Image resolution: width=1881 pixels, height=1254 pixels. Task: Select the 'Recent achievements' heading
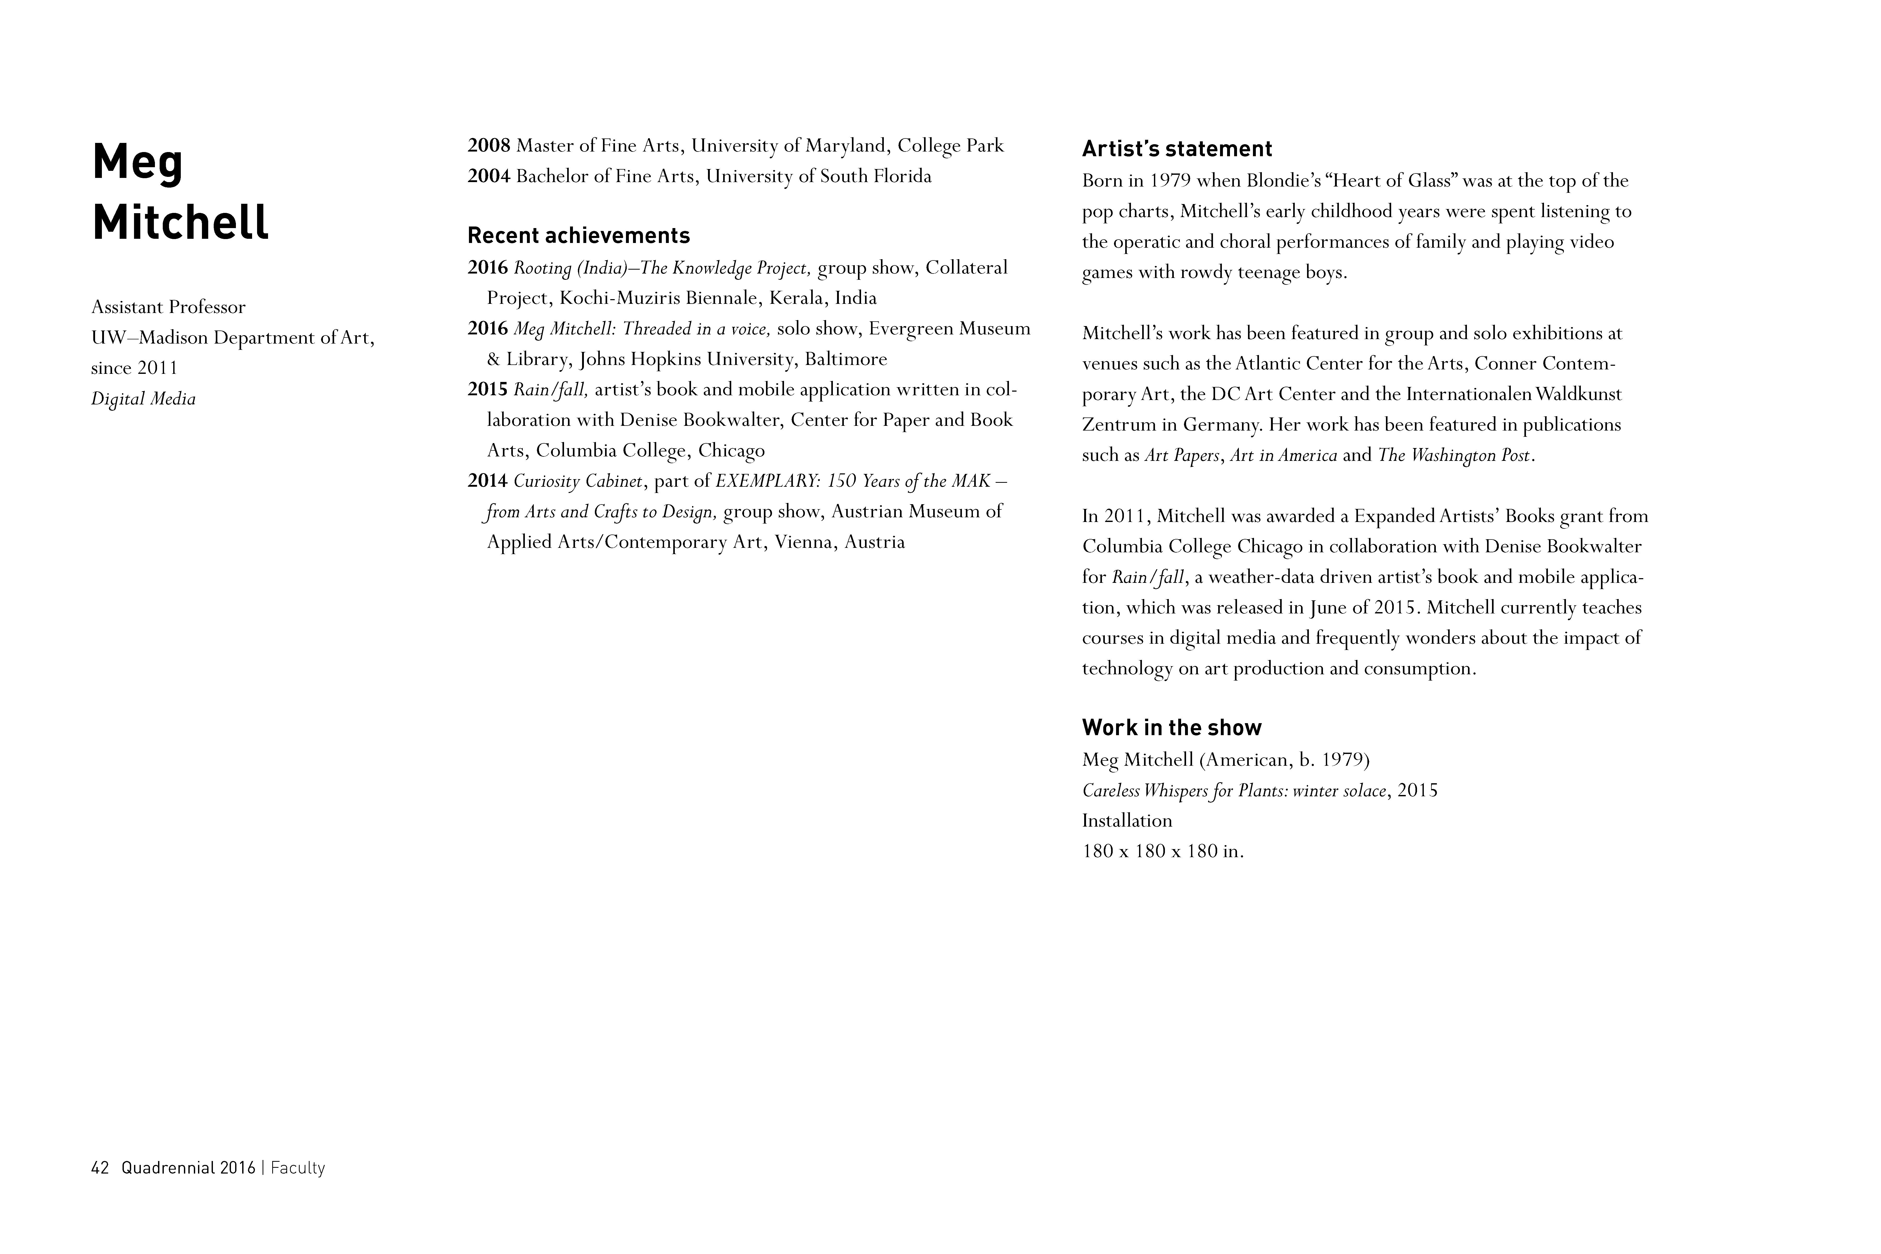point(578,236)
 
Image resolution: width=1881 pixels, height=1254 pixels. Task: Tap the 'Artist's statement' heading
point(1176,149)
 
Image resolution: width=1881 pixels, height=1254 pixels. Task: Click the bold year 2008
point(489,146)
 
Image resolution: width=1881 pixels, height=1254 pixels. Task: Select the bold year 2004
point(489,176)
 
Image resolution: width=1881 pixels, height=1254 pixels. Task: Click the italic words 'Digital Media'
point(143,398)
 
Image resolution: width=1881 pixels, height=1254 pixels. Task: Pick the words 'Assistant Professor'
point(168,307)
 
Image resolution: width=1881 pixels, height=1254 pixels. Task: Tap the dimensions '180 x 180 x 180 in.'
point(1163,851)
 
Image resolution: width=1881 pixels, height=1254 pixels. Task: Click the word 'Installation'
point(1127,821)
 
